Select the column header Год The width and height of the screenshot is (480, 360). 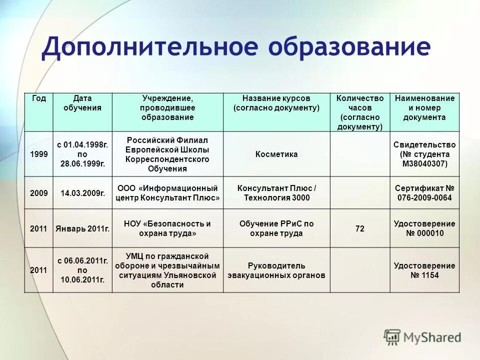(x=39, y=98)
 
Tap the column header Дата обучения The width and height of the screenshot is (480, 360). (x=82, y=103)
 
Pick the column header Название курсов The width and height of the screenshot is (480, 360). (x=276, y=103)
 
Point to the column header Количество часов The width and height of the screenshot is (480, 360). (x=360, y=112)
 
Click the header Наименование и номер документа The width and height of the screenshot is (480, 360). (x=424, y=107)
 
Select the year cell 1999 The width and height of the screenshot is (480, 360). (x=39, y=154)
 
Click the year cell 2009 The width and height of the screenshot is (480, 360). (x=39, y=193)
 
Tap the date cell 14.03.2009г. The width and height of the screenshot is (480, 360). (x=82, y=193)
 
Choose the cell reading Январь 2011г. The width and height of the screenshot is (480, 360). (x=82, y=228)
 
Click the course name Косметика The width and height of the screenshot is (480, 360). (x=276, y=154)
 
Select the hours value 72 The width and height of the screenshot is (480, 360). (x=360, y=228)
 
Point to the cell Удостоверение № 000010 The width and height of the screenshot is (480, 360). (x=424, y=228)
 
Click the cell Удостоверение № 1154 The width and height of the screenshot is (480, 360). (x=424, y=270)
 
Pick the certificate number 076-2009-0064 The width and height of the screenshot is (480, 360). (x=424, y=197)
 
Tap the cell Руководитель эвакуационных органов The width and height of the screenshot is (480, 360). (x=276, y=270)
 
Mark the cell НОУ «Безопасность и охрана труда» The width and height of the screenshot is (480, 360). (x=167, y=228)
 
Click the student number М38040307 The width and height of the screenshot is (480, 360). (x=424, y=163)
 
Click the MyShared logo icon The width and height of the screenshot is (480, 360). (x=392, y=336)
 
